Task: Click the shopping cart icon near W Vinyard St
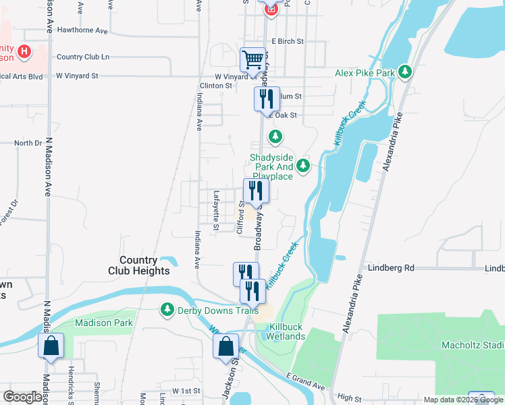[252, 59]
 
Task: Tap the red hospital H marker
[25, 51]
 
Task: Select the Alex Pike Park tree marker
[405, 72]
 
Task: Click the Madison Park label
[100, 323]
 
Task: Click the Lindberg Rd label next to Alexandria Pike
[391, 268]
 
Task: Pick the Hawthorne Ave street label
[83, 31]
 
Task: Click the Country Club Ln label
[83, 57]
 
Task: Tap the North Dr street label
[28, 143]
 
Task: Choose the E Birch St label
[287, 41]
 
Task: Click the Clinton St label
[216, 86]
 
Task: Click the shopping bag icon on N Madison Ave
[51, 346]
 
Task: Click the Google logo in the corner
[23, 397]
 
